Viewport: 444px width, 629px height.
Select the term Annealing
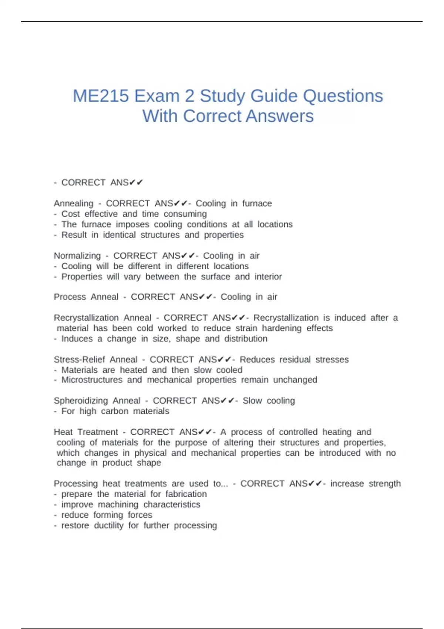[73, 203]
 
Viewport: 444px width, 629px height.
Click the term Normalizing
[77, 256]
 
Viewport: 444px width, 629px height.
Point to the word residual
[295, 360]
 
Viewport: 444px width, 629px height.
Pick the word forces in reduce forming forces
[140, 515]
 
